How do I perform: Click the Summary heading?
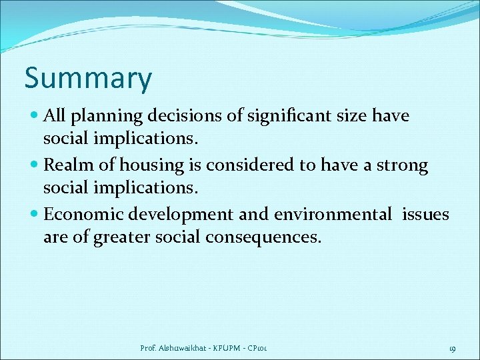tap(88, 79)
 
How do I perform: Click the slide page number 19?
tap(451, 348)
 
